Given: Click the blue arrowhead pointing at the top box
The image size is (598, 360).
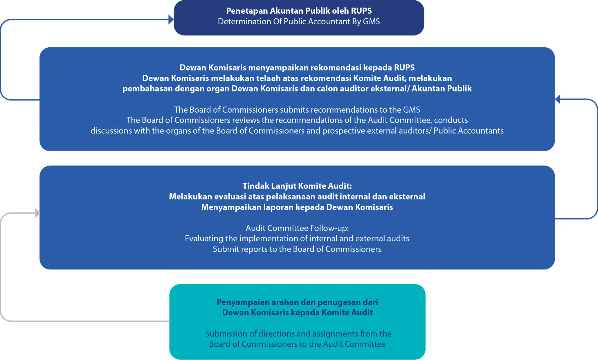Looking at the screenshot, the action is click(x=171, y=19).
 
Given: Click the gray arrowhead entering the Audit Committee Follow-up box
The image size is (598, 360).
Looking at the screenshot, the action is click(x=37, y=213).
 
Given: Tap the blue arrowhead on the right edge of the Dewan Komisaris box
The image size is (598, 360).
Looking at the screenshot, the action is click(x=558, y=99).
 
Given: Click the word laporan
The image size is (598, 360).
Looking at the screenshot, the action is click(x=279, y=207).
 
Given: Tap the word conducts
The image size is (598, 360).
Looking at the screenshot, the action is click(x=451, y=120).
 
